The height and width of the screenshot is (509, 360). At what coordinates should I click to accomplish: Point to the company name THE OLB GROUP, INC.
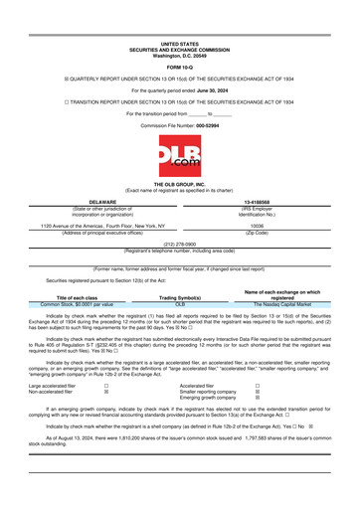click(x=179, y=186)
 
